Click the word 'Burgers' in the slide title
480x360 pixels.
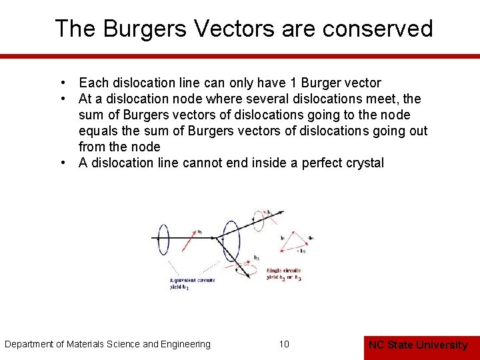[x=130, y=29]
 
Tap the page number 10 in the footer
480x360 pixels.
[x=284, y=344]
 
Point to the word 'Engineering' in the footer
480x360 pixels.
[x=184, y=344]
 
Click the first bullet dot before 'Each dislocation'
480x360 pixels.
[x=61, y=83]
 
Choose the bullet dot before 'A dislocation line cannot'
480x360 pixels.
[x=61, y=163]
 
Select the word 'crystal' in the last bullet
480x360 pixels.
[x=363, y=163]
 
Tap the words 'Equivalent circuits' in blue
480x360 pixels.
[x=191, y=280]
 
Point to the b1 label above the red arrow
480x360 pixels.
[x=199, y=232]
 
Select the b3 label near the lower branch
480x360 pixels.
[x=256, y=257]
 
